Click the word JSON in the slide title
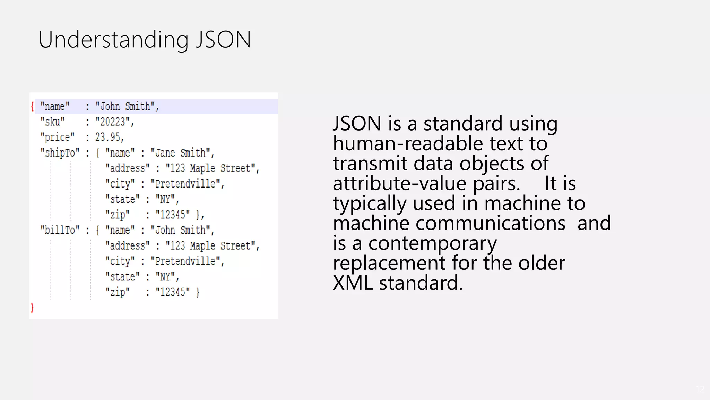pyautogui.click(x=224, y=39)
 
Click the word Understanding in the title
pyautogui.click(x=113, y=39)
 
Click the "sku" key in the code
pyautogui.click(x=52, y=122)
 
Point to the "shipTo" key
pyautogui.click(x=60, y=153)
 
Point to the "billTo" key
pyautogui.click(x=60, y=230)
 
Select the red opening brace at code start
pyautogui.click(x=32, y=106)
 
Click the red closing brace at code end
pyautogui.click(x=32, y=308)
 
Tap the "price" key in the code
pyautogui.click(x=57, y=137)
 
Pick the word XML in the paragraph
pyautogui.click(x=353, y=283)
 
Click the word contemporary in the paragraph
pyautogui.click(x=432, y=243)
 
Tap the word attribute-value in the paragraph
pyautogui.click(x=399, y=183)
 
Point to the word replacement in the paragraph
pyautogui.click(x=389, y=263)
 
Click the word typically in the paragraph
pyautogui.click(x=370, y=203)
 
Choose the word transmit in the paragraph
pyautogui.click(x=370, y=163)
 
